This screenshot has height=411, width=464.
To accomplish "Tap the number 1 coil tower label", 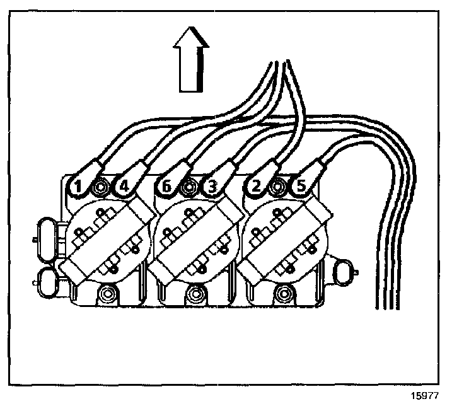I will (x=78, y=186).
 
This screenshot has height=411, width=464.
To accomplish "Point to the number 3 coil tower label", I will (x=211, y=187).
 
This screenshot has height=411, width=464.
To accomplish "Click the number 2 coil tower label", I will (x=255, y=186).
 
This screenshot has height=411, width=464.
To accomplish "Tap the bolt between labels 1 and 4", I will (x=100, y=187).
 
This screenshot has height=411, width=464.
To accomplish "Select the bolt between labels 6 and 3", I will (x=188, y=187).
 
